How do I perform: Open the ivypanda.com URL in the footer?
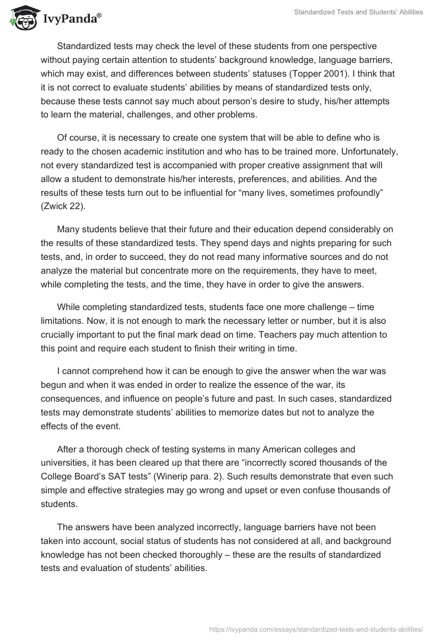pos(317,628)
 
